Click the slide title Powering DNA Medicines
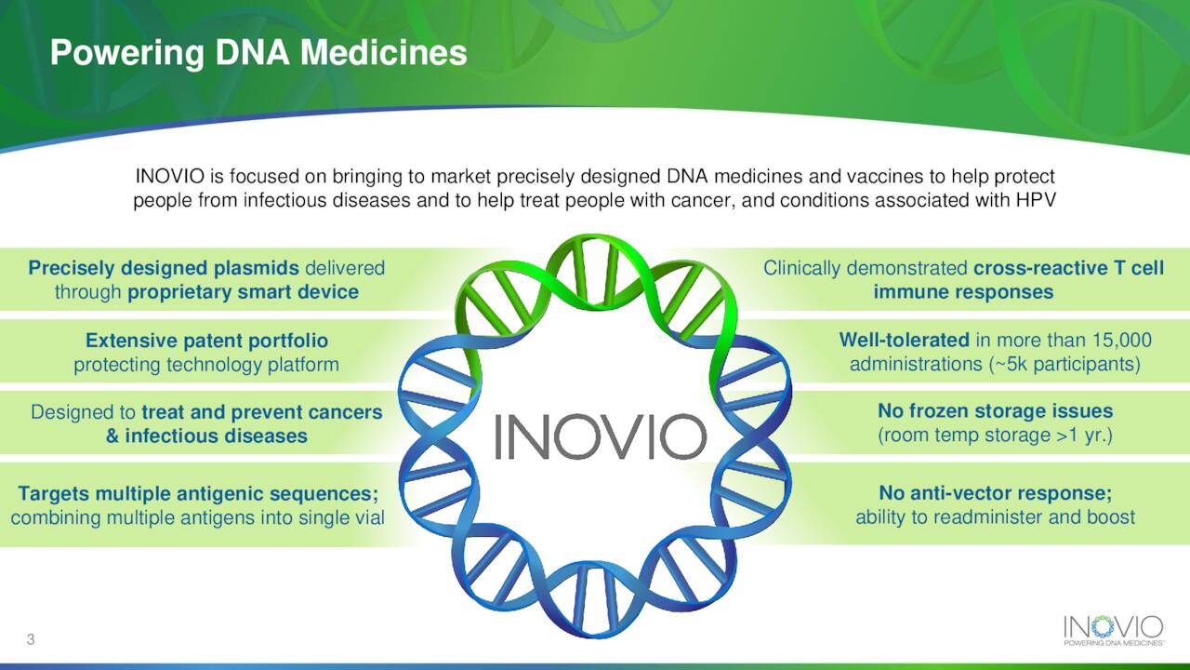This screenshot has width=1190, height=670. (x=258, y=54)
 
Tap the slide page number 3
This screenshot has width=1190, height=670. (x=31, y=639)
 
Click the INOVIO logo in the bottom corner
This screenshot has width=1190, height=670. (x=1114, y=631)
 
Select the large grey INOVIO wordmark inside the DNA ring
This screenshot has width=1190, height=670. (x=601, y=436)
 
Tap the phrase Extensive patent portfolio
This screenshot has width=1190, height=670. (x=206, y=341)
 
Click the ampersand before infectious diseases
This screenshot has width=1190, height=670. (x=112, y=436)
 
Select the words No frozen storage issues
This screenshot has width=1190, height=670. (x=995, y=410)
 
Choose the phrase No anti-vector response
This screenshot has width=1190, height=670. (x=995, y=493)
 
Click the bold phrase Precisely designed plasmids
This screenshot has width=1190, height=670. (x=164, y=268)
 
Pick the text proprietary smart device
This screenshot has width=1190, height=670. (x=244, y=292)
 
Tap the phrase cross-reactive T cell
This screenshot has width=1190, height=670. (x=1069, y=268)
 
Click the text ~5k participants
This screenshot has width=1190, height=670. (x=1066, y=364)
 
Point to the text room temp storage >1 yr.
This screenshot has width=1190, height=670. (x=995, y=435)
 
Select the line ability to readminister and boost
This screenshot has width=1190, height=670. (x=995, y=516)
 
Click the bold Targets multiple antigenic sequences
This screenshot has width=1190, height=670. (x=198, y=493)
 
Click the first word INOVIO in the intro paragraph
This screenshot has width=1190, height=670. (x=170, y=176)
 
